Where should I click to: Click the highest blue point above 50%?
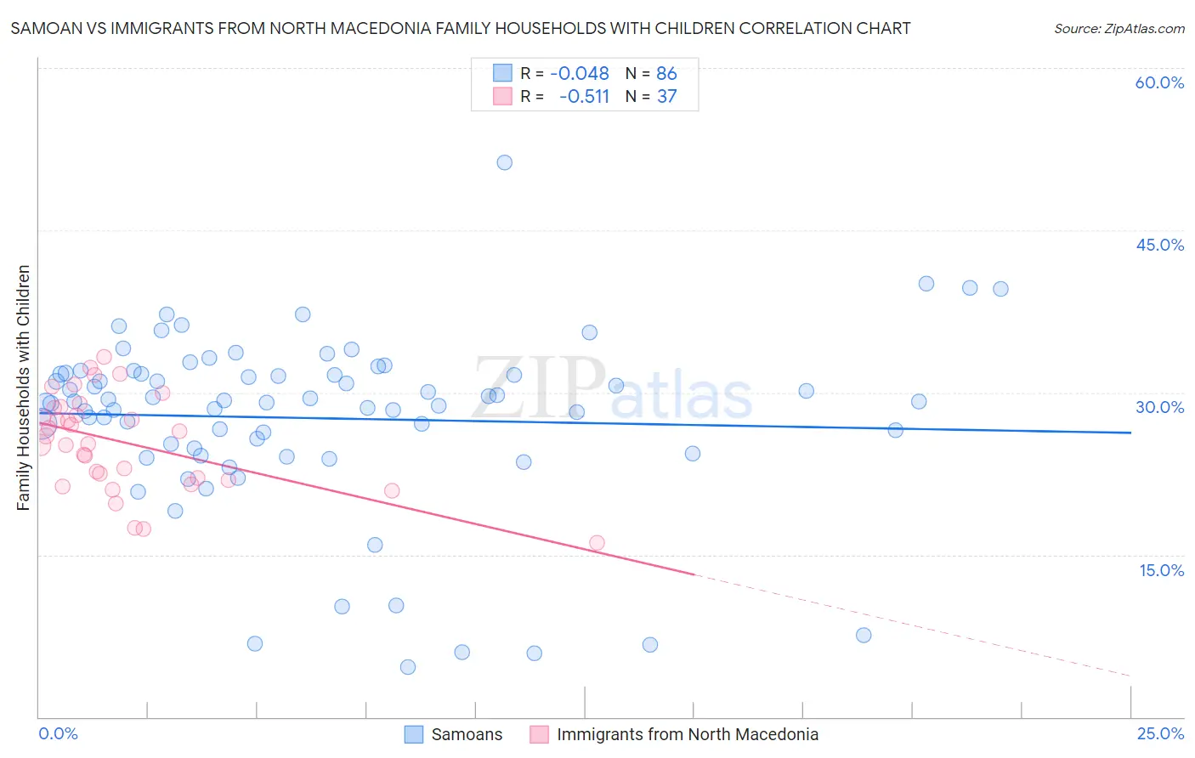click(x=504, y=162)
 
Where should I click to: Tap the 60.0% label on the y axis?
click(x=1159, y=82)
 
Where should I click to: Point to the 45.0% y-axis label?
click(x=1159, y=245)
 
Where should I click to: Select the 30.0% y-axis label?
click(x=1159, y=407)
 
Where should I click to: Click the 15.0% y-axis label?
click(x=1161, y=570)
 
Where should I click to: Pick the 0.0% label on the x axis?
click(x=58, y=734)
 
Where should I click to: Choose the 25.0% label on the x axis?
click(x=1160, y=734)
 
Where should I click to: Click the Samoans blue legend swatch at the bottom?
click(x=414, y=734)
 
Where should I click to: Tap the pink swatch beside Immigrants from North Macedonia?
click(x=539, y=734)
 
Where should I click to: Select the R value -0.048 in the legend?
click(x=580, y=73)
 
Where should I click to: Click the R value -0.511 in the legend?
click(x=584, y=96)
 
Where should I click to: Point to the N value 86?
click(x=666, y=73)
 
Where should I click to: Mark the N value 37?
click(x=666, y=96)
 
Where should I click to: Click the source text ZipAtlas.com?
click(x=1119, y=28)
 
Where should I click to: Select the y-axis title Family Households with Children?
click(x=23, y=387)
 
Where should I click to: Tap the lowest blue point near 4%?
click(x=408, y=667)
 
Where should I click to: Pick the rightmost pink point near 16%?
click(x=597, y=543)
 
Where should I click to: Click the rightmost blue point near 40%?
click(x=1000, y=289)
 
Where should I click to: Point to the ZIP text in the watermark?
click(x=539, y=389)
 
